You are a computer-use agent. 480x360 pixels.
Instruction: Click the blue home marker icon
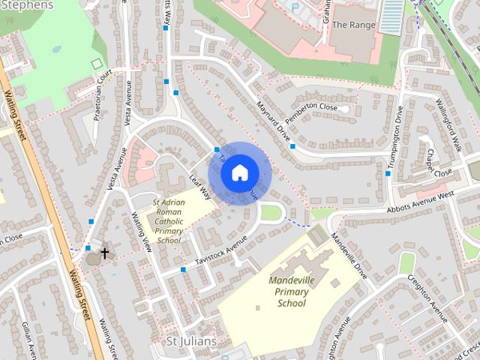(x=239, y=173)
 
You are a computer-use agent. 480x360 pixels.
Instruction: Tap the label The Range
(x=352, y=25)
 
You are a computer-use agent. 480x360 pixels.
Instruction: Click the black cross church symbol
(x=104, y=253)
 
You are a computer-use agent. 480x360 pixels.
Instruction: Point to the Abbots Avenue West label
(x=421, y=202)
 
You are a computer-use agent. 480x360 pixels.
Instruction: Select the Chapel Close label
(x=438, y=164)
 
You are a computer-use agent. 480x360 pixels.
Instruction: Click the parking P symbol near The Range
(x=295, y=8)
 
